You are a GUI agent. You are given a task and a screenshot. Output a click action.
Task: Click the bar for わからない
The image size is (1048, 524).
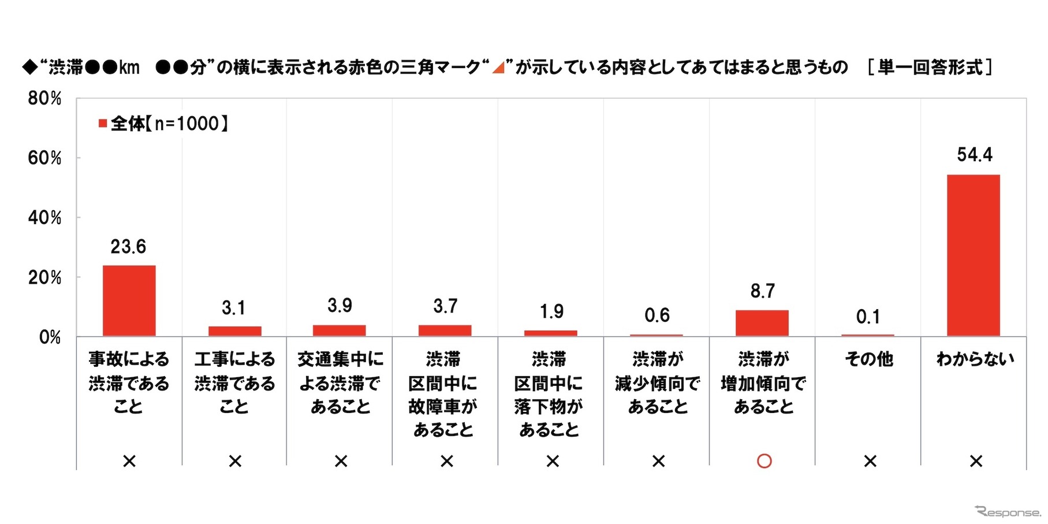coord(974,255)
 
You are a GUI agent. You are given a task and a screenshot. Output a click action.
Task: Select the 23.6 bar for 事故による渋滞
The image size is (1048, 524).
coord(129,300)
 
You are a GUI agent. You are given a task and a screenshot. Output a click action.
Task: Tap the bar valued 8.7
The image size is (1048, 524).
coord(762,323)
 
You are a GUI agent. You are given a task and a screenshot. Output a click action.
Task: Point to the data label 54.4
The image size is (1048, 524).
coord(975,155)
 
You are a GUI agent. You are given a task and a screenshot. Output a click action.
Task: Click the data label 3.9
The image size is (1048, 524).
coord(340,305)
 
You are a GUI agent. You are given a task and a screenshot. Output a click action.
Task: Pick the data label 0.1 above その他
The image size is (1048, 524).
coord(868,317)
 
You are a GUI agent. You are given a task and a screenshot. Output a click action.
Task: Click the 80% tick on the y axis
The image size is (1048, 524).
coord(44,98)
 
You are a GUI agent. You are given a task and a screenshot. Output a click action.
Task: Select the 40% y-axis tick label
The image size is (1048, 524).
coord(44,218)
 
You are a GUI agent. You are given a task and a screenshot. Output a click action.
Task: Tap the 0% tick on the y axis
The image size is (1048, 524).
coord(50,337)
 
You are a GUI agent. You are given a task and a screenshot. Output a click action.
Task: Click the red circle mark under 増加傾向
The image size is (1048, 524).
coord(764,461)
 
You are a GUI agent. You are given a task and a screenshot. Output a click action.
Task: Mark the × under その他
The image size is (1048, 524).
coord(870,461)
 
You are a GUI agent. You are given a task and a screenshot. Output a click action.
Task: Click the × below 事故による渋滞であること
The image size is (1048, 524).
coord(129,461)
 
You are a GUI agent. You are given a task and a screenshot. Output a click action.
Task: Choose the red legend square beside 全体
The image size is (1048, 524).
coord(103,123)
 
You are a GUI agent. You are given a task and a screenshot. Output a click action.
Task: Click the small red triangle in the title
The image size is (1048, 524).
coord(498,68)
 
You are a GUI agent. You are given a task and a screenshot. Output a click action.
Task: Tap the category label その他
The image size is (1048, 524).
coord(869,359)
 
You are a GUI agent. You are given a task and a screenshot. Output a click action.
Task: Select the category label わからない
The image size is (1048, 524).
coord(975,359)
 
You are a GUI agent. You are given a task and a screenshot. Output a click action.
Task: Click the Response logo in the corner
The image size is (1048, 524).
coord(1007,512)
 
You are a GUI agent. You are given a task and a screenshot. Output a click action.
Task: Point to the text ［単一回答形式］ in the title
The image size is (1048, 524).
coord(929,68)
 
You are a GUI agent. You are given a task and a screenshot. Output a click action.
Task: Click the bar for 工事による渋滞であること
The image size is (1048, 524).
coord(234,331)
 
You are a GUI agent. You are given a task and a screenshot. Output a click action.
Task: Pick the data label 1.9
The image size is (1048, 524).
coord(551,312)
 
